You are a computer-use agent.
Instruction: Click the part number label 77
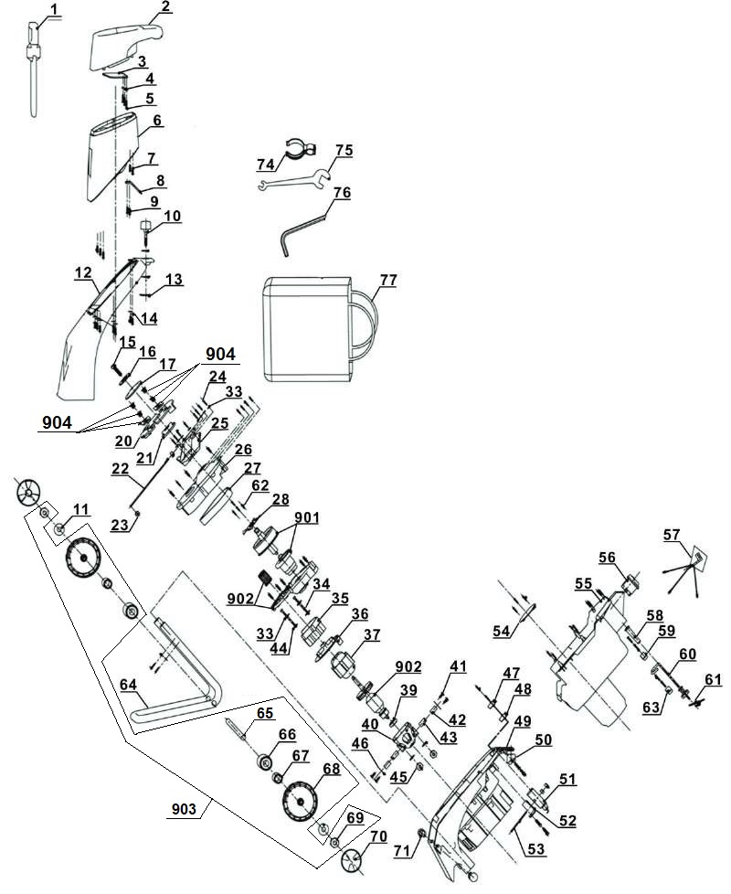point(388,281)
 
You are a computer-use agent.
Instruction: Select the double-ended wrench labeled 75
point(294,176)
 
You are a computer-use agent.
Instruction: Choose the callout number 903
point(184,808)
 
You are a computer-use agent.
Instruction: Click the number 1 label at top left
point(54,9)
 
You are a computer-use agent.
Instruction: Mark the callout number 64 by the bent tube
point(128,684)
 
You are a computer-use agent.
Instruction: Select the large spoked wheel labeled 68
point(301,801)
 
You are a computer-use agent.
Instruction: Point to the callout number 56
point(607,557)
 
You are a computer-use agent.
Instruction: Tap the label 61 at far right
point(713,679)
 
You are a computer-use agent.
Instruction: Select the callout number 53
point(536,849)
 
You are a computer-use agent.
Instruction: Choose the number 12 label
point(83,272)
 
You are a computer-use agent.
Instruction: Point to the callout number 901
point(307,517)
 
